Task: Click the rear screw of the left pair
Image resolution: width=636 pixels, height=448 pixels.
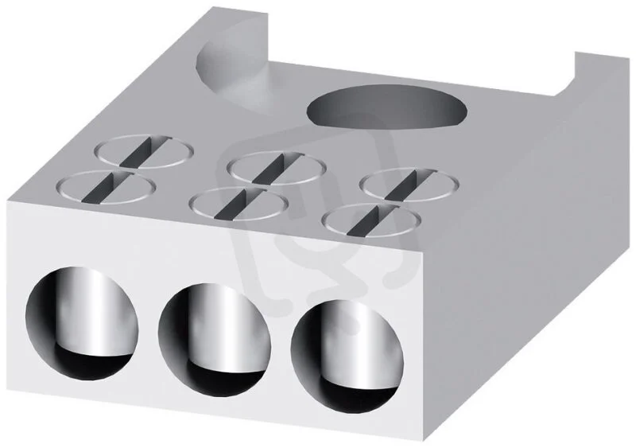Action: click(x=144, y=151)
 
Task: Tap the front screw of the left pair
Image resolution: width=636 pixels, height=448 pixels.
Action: click(x=107, y=187)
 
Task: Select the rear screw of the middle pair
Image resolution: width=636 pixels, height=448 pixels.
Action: click(x=276, y=168)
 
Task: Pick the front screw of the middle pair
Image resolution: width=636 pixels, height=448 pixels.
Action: click(x=239, y=204)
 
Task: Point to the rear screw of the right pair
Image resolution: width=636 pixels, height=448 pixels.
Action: click(x=409, y=185)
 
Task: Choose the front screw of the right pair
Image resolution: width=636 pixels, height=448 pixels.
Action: click(x=371, y=220)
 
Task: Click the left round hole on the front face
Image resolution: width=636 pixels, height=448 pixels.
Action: click(x=82, y=323)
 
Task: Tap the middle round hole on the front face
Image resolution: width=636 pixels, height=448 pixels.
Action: click(x=215, y=341)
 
